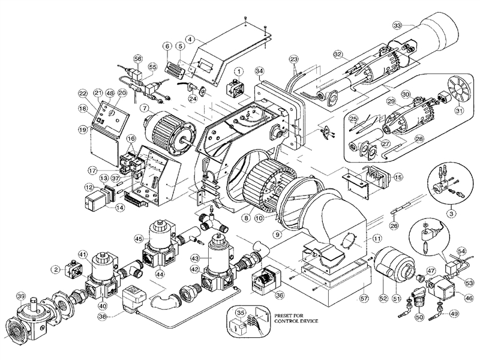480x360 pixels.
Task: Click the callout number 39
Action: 22,298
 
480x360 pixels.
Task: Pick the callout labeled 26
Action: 394,225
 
